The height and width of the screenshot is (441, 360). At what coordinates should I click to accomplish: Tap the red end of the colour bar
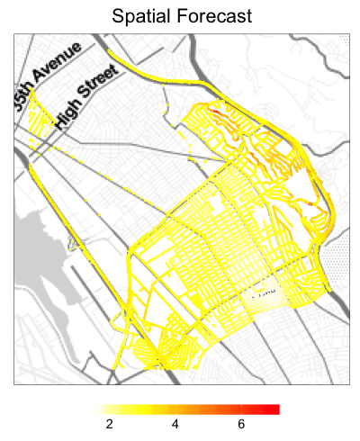[x=275, y=409]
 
